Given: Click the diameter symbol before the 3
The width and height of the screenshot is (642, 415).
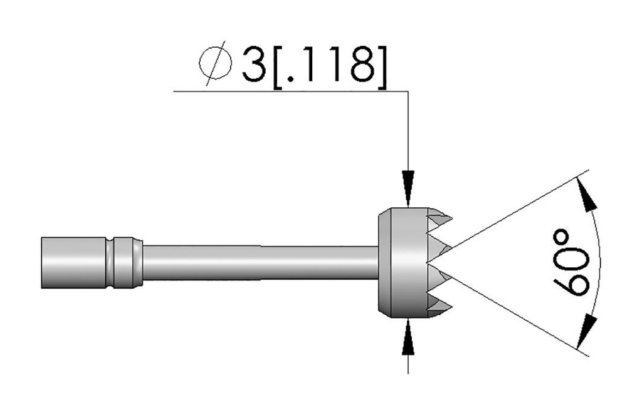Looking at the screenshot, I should pos(214,64).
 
